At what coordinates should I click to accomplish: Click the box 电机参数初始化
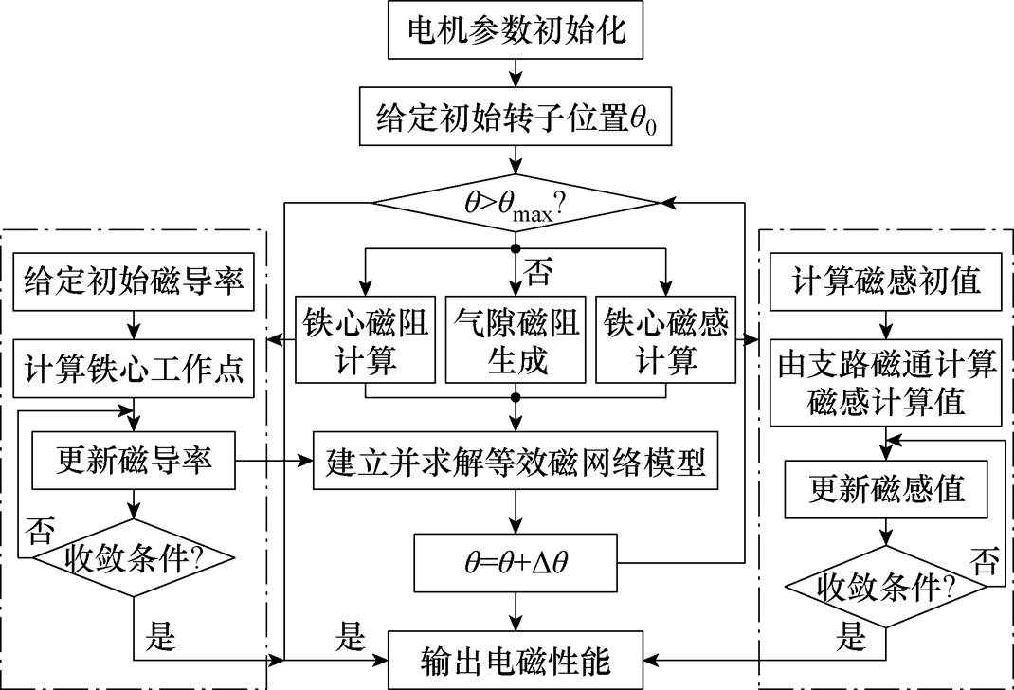[515, 35]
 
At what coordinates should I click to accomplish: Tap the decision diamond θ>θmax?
[515, 203]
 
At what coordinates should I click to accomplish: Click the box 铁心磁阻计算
[364, 342]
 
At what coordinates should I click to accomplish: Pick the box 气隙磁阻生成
[515, 342]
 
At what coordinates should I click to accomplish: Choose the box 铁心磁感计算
[666, 342]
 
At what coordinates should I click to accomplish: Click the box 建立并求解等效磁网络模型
[515, 464]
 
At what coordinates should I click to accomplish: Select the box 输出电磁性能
[515, 657]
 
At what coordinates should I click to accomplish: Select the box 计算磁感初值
[886, 281]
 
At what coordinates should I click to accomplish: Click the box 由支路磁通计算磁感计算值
[886, 382]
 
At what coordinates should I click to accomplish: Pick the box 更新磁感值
[886, 488]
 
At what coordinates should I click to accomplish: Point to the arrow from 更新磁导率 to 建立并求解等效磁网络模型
[275, 462]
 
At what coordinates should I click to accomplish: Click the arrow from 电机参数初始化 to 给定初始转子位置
[515, 72]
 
